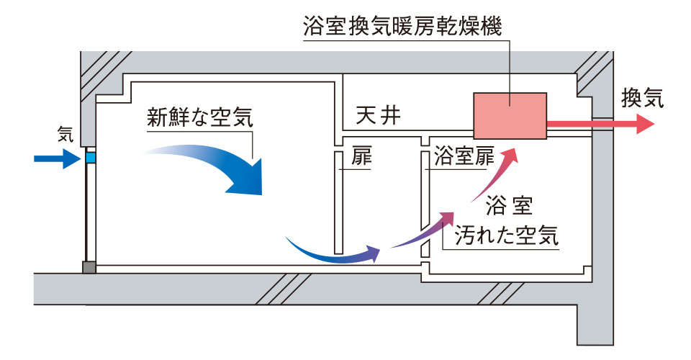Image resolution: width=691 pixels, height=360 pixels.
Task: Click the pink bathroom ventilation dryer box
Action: (x=510, y=114)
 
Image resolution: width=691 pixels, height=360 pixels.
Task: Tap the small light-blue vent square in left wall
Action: (x=90, y=156)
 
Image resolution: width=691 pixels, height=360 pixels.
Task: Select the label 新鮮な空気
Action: (x=200, y=117)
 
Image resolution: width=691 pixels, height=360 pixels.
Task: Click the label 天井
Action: (x=378, y=116)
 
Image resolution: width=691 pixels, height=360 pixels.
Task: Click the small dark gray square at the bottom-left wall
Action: (x=89, y=266)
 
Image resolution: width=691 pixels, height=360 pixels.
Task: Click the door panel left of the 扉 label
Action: (x=337, y=202)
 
